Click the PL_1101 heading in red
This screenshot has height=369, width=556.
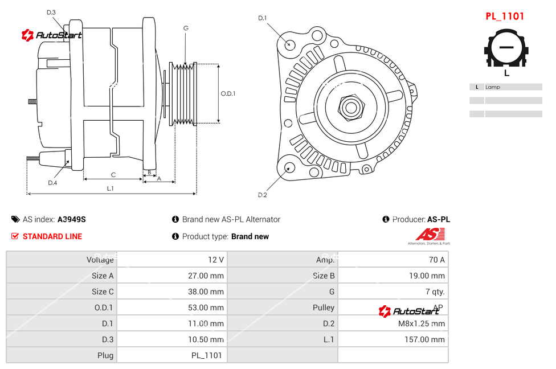pos(504,17)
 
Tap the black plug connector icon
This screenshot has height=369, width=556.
pos(506,50)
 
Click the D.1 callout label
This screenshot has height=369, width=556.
pos(262,18)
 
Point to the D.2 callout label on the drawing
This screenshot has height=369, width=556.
pos(262,195)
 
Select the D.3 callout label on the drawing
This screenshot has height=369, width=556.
pos(51,12)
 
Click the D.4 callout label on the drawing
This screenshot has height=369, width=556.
pos(52,183)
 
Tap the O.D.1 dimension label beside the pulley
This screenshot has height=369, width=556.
pos(228,94)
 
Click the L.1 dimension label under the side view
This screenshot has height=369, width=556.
pos(111,188)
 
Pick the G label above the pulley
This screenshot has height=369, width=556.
pos(186,28)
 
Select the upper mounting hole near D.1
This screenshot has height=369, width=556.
pos(290,43)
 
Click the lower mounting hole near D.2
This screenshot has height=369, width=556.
pos(289,167)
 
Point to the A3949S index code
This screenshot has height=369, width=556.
pos(72,219)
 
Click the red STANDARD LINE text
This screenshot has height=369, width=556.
pos(52,236)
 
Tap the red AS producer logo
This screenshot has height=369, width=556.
pos(430,235)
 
